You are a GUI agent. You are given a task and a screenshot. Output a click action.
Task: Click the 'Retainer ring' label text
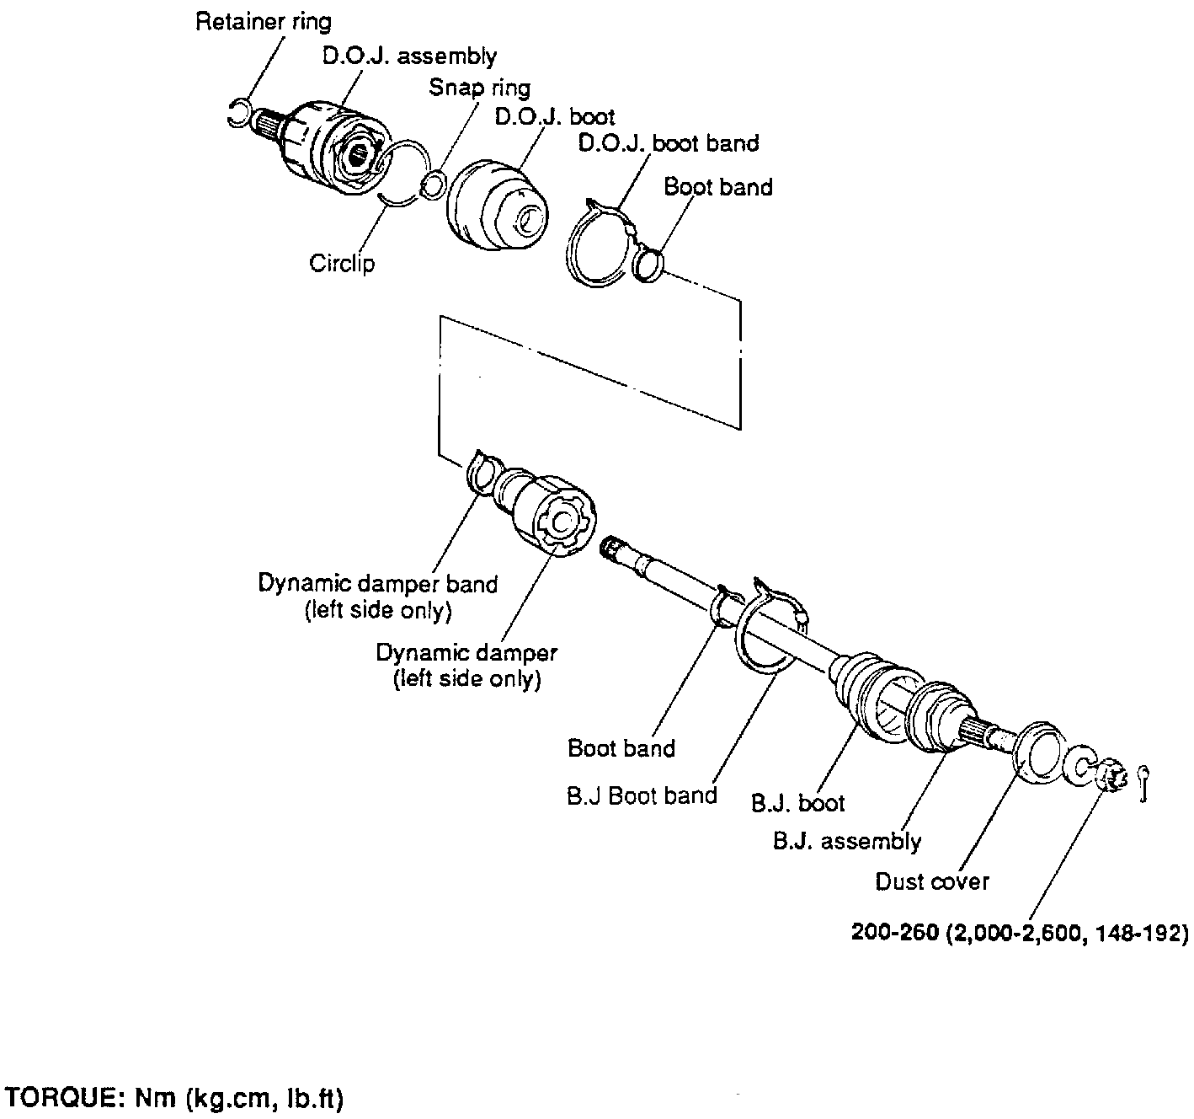263,22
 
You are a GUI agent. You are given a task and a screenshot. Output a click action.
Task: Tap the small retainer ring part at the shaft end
239,113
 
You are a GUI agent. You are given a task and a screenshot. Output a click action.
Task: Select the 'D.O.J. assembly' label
410,56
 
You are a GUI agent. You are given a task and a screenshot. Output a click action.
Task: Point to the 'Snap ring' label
479,88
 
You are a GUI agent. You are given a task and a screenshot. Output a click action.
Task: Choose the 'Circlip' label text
342,263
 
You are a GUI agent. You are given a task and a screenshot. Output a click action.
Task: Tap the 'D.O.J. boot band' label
668,143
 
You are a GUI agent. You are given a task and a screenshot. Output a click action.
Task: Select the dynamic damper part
552,515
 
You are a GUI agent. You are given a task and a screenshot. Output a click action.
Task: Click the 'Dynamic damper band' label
377,583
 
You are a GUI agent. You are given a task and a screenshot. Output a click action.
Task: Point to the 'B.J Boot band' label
642,795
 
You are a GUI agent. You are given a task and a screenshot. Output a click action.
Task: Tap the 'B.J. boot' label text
797,803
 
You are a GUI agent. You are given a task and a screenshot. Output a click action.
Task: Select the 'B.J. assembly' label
846,841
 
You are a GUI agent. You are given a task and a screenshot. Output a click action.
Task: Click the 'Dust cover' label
932,881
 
